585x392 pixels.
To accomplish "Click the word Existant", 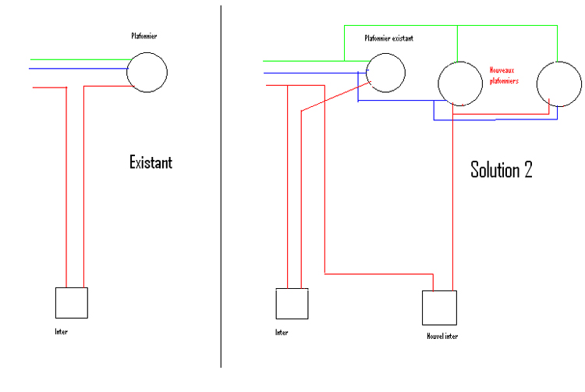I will [x=151, y=163].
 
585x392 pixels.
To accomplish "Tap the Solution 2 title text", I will [x=502, y=169].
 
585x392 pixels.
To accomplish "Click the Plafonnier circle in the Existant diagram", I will [x=147, y=71].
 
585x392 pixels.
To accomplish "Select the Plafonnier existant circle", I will [x=385, y=73].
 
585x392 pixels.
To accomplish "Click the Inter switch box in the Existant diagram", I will [x=71, y=303].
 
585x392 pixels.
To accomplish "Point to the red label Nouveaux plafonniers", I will [x=503, y=75].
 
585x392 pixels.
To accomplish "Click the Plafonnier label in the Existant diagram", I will [x=146, y=36].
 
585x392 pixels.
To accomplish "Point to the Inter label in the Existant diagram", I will [x=62, y=332].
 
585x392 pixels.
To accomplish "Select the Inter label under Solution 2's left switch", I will [x=282, y=332].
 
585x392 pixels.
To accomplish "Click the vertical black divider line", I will [x=221, y=195].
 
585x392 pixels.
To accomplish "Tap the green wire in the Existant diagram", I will [x=78, y=59].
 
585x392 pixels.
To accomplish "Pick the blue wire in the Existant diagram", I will [x=78, y=69].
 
